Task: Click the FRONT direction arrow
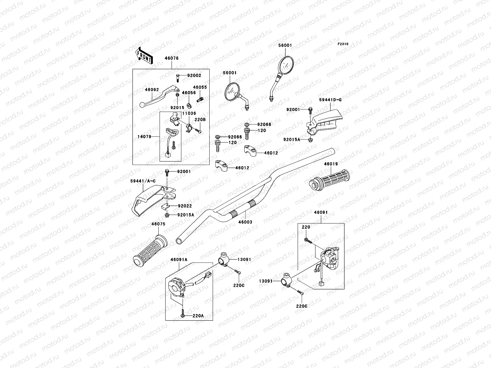pos(144,56)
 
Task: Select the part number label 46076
pos(172,58)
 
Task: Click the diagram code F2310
pos(343,44)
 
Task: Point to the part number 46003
pos(245,222)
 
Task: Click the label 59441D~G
pos(330,100)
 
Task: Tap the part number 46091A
pos(179,259)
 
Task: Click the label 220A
pos(198,316)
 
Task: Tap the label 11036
pos(189,113)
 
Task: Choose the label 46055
pos(200,87)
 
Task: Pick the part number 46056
pos(189,92)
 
